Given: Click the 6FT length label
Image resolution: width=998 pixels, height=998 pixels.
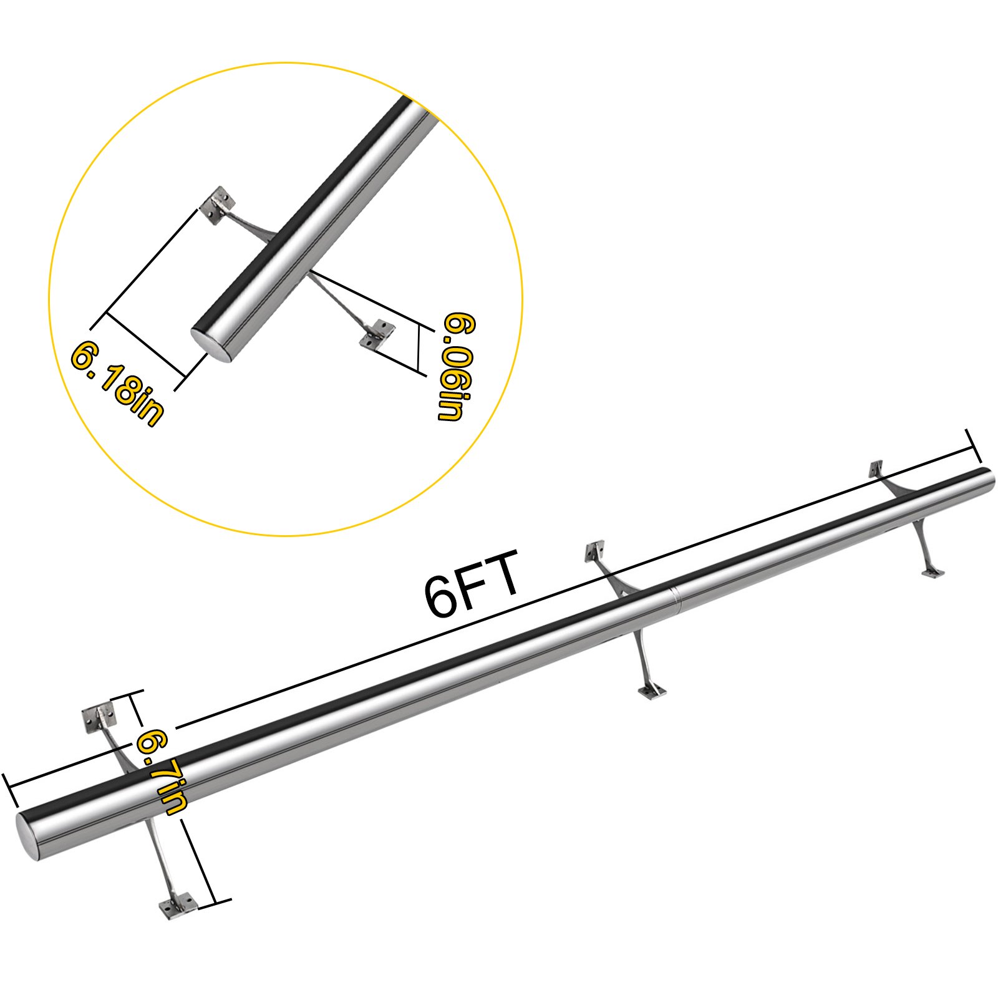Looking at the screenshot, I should [471, 583].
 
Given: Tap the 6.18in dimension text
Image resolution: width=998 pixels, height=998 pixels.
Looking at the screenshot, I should [117, 382].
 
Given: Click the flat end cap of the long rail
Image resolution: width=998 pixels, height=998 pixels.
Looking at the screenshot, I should [29, 836].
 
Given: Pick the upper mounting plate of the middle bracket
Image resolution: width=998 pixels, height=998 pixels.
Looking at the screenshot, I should [595, 551].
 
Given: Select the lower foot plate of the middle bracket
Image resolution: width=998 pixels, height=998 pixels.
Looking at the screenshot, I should [652, 691].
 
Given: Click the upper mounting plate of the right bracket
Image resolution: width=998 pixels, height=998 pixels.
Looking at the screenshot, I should [876, 468].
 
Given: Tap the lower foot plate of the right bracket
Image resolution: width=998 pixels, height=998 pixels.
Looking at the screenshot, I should [933, 572].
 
